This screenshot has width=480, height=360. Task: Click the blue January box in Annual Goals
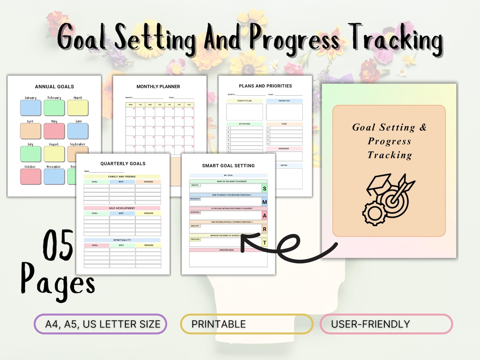click(31, 108)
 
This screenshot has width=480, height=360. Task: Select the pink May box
click(54, 131)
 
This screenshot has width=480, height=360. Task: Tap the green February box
click(54, 108)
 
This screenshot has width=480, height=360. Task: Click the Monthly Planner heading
click(158, 87)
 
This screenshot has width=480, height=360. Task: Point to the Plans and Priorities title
click(265, 86)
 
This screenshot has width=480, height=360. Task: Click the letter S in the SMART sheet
click(264, 189)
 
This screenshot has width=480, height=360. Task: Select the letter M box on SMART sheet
click(264, 202)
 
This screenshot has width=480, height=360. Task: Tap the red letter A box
click(264, 216)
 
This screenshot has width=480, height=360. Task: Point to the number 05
click(58, 245)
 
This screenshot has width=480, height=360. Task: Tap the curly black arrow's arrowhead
click(245, 240)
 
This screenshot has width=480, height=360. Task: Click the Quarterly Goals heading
click(123, 164)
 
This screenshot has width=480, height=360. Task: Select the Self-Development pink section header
click(122, 208)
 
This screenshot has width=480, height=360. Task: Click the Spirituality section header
click(122, 240)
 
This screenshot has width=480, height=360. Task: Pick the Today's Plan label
click(244, 101)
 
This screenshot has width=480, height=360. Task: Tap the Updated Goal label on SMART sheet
click(227, 250)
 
